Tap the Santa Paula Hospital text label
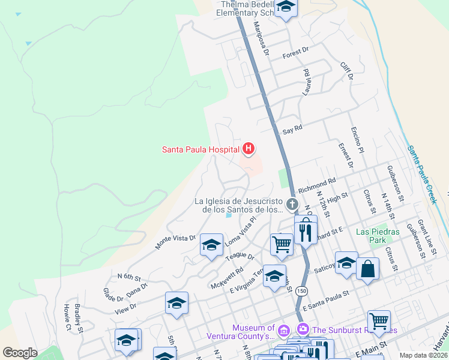pos(201,149)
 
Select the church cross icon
pos(292,205)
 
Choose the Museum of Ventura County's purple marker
pos(285,329)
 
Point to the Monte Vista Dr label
pos(175,241)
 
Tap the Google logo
pos(20,353)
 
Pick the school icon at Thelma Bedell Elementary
pos(286,8)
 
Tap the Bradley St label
pos(79,318)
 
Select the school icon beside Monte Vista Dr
pos(211,245)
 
